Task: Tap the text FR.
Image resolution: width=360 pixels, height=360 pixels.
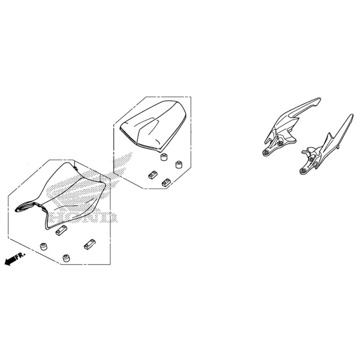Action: point(21,255)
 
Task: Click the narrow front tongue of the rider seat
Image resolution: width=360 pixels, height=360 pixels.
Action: point(25,207)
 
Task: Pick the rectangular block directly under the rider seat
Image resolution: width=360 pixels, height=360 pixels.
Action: point(61,230)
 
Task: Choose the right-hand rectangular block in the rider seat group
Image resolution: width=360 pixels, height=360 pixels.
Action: point(89,244)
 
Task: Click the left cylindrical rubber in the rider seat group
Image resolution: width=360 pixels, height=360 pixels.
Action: point(44,246)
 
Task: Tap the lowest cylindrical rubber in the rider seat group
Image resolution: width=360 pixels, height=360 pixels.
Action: point(67,258)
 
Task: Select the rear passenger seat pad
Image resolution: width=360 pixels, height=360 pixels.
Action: point(153,126)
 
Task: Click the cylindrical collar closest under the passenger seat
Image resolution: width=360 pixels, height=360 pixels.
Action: point(163,157)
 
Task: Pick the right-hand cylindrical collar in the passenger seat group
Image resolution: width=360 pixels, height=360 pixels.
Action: point(179,164)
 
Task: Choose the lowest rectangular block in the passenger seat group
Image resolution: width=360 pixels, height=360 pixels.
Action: point(166,183)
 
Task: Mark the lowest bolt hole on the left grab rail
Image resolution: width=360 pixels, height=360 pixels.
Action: point(266,153)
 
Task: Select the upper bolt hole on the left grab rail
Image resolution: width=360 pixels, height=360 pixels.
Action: point(279,144)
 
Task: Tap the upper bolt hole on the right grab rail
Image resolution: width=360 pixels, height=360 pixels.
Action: point(311,159)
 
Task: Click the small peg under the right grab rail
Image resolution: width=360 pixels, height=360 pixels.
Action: point(338,147)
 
